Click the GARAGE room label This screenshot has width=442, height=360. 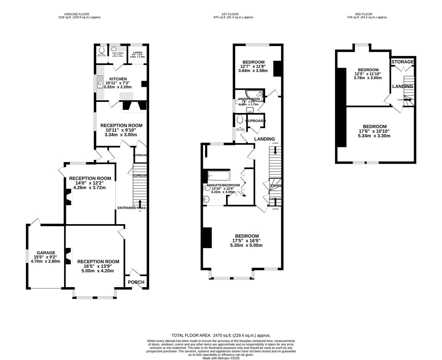coord(46,253)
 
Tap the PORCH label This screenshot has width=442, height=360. coord(136,282)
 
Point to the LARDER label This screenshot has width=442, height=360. coord(137,53)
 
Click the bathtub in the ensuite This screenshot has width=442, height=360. coord(219,175)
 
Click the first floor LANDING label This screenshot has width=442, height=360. coord(264,139)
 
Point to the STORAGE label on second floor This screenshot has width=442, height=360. coord(402,62)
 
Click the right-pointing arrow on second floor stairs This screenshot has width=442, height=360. coord(408,99)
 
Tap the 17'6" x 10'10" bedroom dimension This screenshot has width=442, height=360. coord(374,131)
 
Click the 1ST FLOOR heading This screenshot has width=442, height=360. coord(233,14)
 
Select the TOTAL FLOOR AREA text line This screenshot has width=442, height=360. coord(221,335)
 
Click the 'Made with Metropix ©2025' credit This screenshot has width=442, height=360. coord(221,358)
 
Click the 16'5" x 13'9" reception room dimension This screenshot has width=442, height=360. coord(98,266)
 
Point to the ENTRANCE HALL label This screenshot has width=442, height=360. coord(132,208)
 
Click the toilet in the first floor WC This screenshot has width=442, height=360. coord(239,119)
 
